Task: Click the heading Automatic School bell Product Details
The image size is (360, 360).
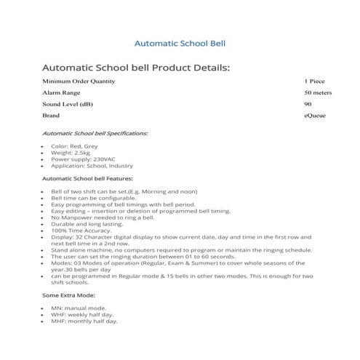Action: (136, 68)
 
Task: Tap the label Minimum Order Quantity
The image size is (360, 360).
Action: (79, 81)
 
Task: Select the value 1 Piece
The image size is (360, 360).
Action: (315, 81)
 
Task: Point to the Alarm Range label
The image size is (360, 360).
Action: (62, 92)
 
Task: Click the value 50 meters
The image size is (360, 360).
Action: (318, 92)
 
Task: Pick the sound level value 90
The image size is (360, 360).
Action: (308, 104)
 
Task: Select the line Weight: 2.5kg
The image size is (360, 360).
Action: (71, 153)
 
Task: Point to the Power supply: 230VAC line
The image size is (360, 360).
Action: (83, 159)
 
